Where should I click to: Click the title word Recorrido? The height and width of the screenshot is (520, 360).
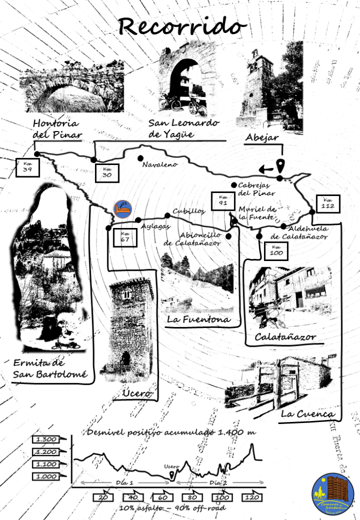click(x=182, y=26)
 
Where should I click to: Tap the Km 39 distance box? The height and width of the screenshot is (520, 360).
click(x=27, y=168)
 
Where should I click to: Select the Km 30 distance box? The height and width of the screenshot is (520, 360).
click(x=107, y=173)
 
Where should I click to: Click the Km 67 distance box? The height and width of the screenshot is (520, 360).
click(x=125, y=238)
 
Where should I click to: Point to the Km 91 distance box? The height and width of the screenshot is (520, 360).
click(x=223, y=201)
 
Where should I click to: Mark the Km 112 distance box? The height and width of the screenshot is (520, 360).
click(x=328, y=203)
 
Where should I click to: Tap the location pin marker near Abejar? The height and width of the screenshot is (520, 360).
click(x=280, y=166)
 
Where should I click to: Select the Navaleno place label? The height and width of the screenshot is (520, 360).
click(x=159, y=165)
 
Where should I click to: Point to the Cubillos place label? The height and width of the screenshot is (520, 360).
click(x=188, y=211)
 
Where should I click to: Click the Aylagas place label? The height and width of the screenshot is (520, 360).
click(x=155, y=226)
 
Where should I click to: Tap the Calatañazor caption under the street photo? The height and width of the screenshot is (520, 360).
click(x=285, y=337)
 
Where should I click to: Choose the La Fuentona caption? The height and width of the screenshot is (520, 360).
click(x=198, y=319)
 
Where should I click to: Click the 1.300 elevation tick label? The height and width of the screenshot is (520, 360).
click(x=46, y=439)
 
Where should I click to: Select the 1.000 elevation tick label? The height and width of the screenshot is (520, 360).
click(x=46, y=476)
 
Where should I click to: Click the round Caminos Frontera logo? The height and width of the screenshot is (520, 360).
click(x=333, y=494)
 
